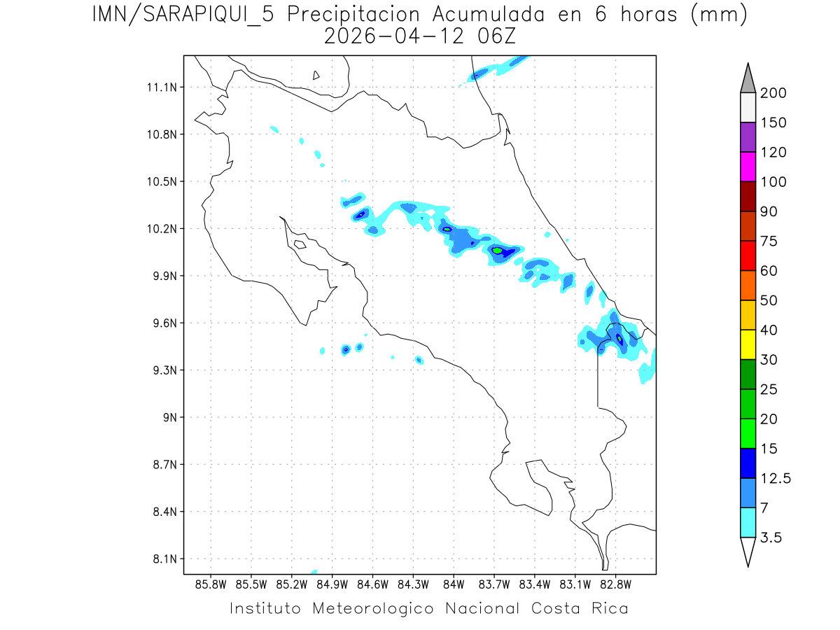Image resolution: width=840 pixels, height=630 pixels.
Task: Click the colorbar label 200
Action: [x=773, y=93]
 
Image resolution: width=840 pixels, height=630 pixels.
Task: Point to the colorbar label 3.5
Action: [x=771, y=538]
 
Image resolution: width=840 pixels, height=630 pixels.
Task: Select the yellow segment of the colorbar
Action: [x=748, y=344]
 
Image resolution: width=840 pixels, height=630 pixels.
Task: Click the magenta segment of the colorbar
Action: [x=748, y=167]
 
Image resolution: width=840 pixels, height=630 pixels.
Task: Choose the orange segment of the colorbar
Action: [x=748, y=285]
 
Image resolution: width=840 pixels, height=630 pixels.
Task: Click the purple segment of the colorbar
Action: [x=748, y=137]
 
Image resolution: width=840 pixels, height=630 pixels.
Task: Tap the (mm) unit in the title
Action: [x=719, y=15]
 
